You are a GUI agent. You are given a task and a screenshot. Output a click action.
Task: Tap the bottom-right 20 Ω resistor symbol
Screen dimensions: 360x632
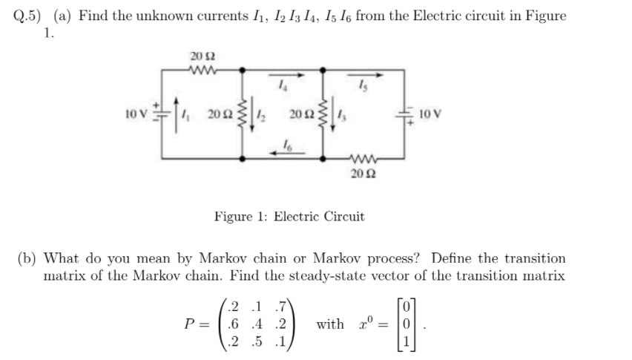[x=363, y=157]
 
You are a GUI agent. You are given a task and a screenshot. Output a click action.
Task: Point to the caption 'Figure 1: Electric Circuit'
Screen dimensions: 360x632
[x=289, y=217]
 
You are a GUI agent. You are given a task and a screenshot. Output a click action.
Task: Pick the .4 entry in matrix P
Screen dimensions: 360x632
[x=261, y=324]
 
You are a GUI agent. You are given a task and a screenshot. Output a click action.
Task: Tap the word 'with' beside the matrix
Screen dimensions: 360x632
[x=329, y=324]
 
